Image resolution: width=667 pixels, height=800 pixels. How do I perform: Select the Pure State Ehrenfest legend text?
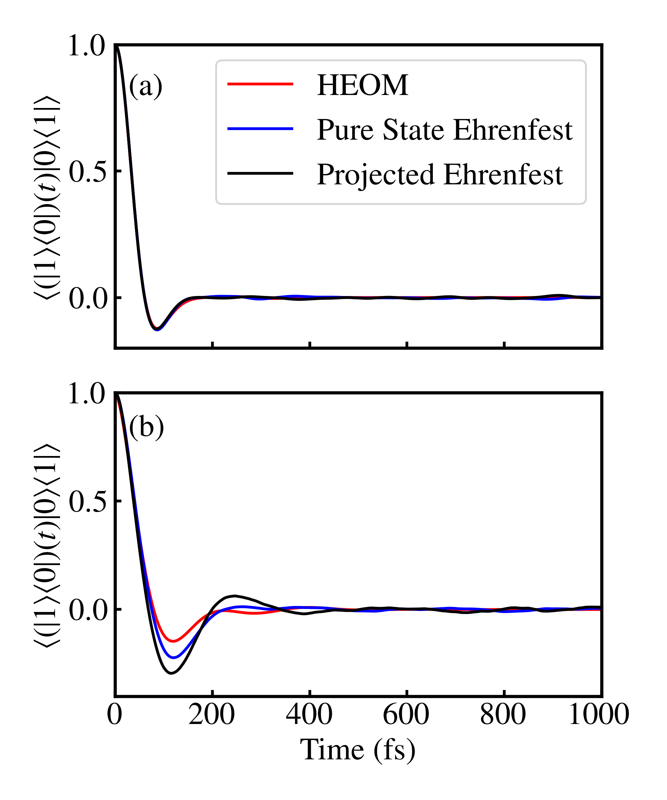(445, 130)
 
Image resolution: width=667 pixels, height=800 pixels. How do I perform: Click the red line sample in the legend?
(260, 84)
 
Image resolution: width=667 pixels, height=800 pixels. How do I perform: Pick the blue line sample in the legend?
(260, 129)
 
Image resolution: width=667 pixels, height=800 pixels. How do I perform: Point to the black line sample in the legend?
(260, 173)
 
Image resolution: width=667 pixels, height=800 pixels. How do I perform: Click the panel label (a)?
(146, 86)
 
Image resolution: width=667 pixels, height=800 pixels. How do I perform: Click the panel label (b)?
(146, 427)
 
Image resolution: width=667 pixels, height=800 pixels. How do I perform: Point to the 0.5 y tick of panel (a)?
(87, 172)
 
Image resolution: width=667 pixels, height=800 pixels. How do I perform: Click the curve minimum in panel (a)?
(157, 329)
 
